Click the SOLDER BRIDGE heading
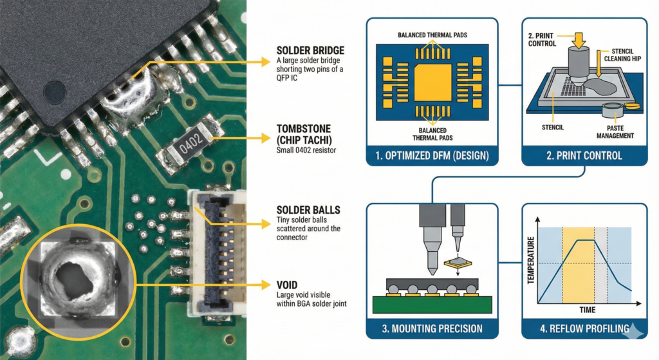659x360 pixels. [x=309, y=50]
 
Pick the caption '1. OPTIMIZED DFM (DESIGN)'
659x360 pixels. [x=432, y=155]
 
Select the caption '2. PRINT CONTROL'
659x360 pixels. [x=584, y=155]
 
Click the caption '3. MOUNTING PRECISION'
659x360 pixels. [x=432, y=328]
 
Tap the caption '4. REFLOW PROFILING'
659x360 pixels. [x=584, y=328]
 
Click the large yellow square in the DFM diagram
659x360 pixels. [x=432, y=82]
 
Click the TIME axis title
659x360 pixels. [x=586, y=309]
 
